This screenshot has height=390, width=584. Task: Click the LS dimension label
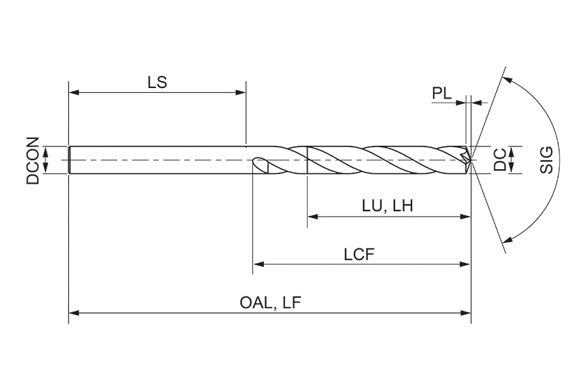pyautogui.click(x=157, y=81)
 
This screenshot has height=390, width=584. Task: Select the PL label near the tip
pyautogui.click(x=442, y=94)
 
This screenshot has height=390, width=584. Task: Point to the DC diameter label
pyautogui.click(x=501, y=160)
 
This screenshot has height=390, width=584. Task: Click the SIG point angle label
pyautogui.click(x=547, y=160)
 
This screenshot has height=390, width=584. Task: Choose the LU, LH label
pyautogui.click(x=387, y=205)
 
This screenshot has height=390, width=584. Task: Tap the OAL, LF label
pyautogui.click(x=271, y=303)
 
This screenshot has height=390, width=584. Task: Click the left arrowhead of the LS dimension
pyautogui.click(x=74, y=91)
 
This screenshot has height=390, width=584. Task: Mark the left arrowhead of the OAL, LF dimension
pyautogui.click(x=74, y=313)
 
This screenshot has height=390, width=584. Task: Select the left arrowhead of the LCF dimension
pyautogui.click(x=259, y=263)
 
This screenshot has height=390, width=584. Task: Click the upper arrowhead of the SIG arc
pyautogui.click(x=508, y=79)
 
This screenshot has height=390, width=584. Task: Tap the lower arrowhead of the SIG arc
pyautogui.click(x=508, y=240)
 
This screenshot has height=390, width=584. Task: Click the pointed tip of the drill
pyautogui.click(x=471, y=160)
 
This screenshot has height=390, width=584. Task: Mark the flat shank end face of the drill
pyautogui.click(x=69, y=160)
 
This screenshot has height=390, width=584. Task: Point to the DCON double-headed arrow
pyautogui.click(x=46, y=160)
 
